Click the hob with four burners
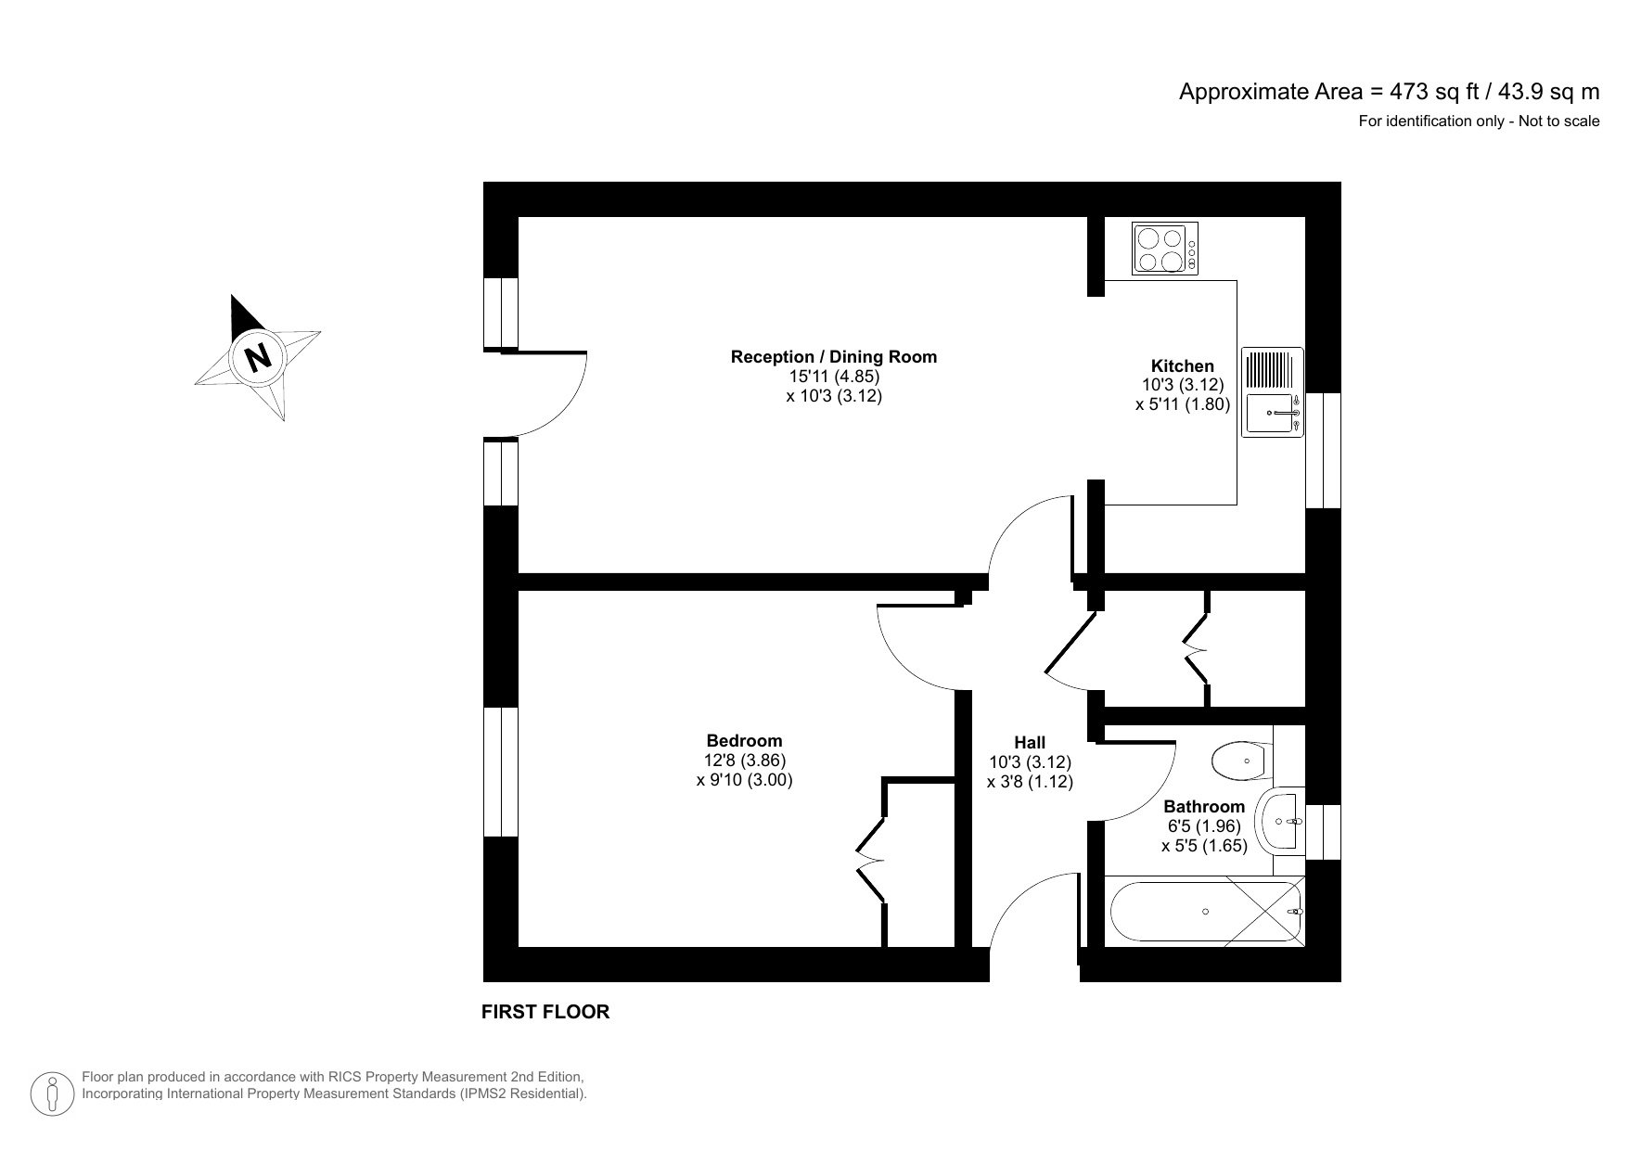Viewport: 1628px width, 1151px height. point(1165,249)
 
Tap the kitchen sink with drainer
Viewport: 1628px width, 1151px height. point(1272,392)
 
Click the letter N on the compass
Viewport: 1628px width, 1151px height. point(257,356)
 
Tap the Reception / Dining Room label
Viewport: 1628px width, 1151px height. point(833,357)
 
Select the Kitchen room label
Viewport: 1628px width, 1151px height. point(1182,366)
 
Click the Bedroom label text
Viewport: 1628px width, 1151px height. point(744,741)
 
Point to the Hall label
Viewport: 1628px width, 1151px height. point(1030,743)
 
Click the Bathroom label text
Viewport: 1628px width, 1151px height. point(1204,807)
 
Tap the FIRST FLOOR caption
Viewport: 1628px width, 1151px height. point(545,1012)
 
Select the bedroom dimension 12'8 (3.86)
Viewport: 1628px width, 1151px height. point(744,761)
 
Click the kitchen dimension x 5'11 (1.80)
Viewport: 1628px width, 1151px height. point(1182,404)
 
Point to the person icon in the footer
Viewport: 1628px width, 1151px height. point(54,1094)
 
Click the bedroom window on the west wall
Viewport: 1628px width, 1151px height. point(501,772)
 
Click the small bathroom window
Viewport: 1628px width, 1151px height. point(1323,831)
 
